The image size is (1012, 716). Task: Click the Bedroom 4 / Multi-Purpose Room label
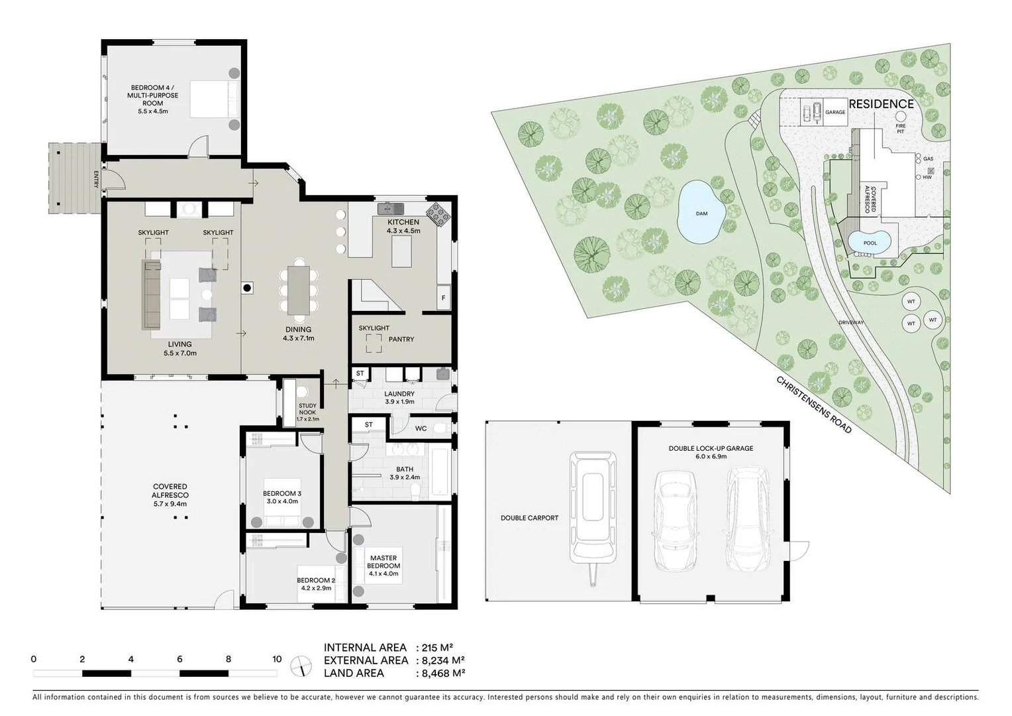153,99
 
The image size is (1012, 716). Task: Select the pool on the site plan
870,241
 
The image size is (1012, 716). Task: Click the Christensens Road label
813,405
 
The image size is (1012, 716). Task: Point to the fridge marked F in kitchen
443,298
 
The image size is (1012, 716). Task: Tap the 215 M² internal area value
438,648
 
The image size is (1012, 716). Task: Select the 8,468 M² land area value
443,673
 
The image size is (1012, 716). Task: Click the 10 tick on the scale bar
277,659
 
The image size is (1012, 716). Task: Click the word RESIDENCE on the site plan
881,104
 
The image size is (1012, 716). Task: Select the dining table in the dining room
298,290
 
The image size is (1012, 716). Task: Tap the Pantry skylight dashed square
374,342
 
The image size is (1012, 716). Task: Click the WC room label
421,428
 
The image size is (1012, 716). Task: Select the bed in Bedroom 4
215,99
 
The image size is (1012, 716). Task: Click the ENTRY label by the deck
96,180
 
